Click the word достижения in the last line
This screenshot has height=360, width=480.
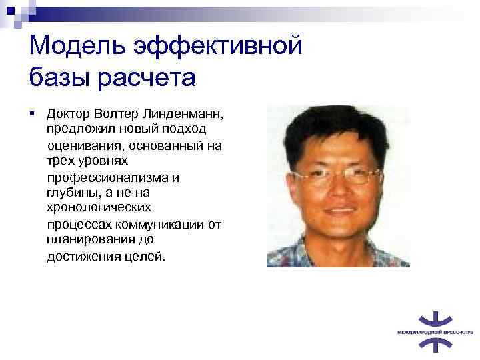[83, 256]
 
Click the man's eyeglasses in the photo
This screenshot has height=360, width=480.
[337, 175]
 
